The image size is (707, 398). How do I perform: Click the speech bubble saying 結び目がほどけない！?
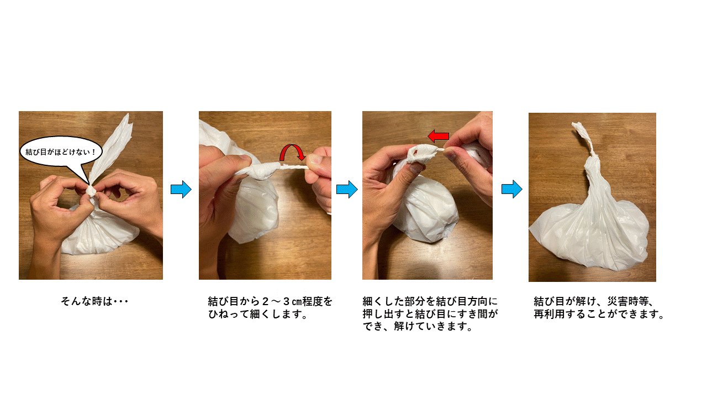click(61, 152)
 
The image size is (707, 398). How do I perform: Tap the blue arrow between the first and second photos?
click(181, 189)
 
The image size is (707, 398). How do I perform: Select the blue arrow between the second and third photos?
click(347, 189)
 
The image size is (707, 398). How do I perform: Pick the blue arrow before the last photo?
click(511, 189)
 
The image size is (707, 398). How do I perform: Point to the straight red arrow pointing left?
click(438, 136)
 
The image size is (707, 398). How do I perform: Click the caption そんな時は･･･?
click(94, 301)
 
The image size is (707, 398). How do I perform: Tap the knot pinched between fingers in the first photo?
click(91, 191)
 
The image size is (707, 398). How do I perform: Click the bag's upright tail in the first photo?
click(111, 149)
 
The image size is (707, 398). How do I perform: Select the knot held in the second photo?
click(262, 171)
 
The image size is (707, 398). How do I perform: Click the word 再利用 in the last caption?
click(549, 314)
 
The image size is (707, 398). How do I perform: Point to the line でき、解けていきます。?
click(418, 326)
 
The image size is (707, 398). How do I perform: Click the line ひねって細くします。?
click(257, 314)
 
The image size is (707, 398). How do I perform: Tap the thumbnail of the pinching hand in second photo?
click(314, 159)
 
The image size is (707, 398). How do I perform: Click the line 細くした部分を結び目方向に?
click(430, 301)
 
